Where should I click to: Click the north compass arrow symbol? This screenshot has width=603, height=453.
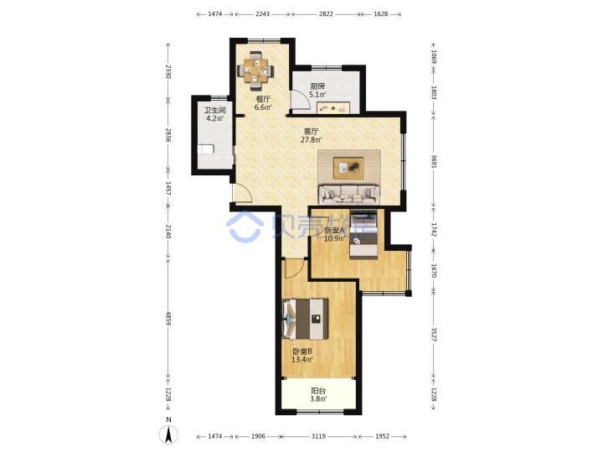[168, 435]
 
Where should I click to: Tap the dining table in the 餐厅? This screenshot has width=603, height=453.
[255, 70]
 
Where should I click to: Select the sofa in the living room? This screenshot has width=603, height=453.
[348, 195]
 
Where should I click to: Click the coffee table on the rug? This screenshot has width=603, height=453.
[348, 168]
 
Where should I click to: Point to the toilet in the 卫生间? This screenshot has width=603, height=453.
[205, 149]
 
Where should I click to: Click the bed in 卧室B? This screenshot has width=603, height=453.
[305, 319]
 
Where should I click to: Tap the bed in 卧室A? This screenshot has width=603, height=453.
[363, 234]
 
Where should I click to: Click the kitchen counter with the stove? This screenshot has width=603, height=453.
[333, 108]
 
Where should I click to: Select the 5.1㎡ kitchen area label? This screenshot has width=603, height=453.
[317, 94]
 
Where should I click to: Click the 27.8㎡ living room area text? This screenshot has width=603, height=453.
[311, 140]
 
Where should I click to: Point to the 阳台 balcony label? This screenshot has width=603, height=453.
[318, 391]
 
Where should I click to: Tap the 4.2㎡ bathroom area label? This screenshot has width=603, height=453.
[214, 118]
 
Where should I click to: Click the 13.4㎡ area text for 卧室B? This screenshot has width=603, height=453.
[302, 360]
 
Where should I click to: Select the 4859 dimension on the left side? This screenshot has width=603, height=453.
[168, 318]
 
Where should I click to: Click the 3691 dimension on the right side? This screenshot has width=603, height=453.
[434, 161]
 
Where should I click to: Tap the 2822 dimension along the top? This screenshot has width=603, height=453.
[326, 14]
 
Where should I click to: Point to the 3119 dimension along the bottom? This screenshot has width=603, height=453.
[318, 436]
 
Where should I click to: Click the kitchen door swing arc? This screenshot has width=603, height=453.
[301, 100]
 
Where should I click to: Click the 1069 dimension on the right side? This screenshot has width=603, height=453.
[434, 57]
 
